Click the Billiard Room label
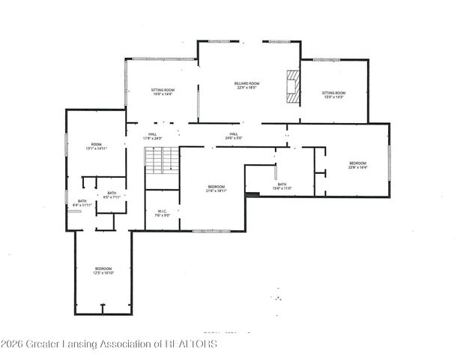[246, 83]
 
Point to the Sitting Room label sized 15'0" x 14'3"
[334, 94]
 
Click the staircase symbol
[162, 160]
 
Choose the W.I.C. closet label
[163, 214]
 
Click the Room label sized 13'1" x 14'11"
[96, 146]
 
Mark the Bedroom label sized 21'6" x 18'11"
[216, 188]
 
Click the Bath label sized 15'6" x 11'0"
[282, 186]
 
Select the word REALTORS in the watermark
[190, 343]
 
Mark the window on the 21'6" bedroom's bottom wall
[211, 231]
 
